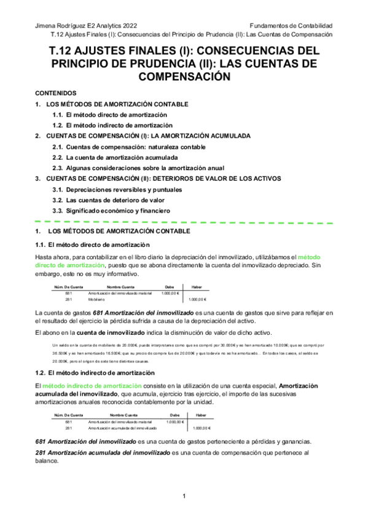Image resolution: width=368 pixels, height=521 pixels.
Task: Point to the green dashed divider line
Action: (x=184, y=220)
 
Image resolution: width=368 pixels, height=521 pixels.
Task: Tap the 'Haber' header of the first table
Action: (x=197, y=288)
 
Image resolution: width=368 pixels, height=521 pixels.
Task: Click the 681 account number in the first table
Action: (x=69, y=293)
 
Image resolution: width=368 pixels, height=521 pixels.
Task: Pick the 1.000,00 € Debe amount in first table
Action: (x=169, y=293)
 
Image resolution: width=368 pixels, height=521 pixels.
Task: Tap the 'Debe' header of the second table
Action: (x=174, y=416)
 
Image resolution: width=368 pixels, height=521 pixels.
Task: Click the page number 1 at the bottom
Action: (x=184, y=496)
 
